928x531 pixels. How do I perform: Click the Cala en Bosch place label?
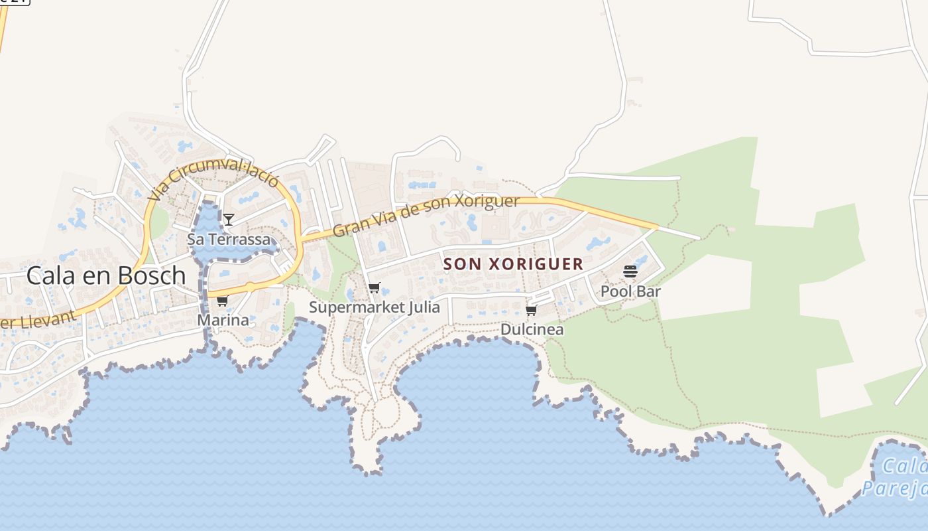pyautogui.click(x=106, y=275)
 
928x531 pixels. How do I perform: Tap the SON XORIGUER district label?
pyautogui.click(x=513, y=264)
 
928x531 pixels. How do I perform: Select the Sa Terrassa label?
pyautogui.click(x=229, y=240)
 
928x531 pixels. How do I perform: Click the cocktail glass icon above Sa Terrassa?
pyautogui.click(x=229, y=219)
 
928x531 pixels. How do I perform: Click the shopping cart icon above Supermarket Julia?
pyautogui.click(x=375, y=288)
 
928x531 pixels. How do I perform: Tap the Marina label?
pyautogui.click(x=223, y=320)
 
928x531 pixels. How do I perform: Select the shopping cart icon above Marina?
pyautogui.click(x=222, y=301)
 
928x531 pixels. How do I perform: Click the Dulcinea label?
pyautogui.click(x=532, y=329)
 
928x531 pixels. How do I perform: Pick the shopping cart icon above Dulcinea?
pyautogui.click(x=531, y=310)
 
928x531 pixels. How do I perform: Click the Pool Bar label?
pyautogui.click(x=630, y=291)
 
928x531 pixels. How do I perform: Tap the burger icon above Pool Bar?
pyautogui.click(x=630, y=271)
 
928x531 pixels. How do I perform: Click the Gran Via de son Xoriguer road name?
pyautogui.click(x=426, y=214)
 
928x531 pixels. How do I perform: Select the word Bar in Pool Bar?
pyautogui.click(x=650, y=291)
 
